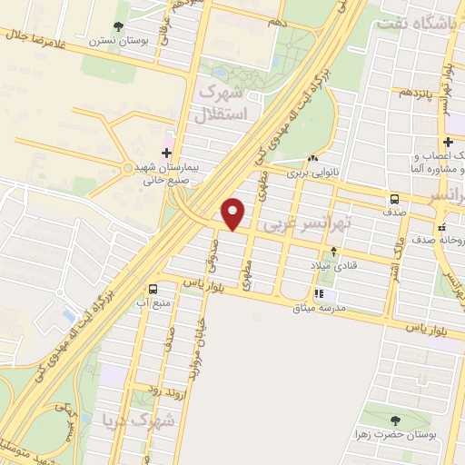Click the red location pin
[x=234, y=213]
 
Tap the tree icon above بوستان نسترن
[x=118, y=27]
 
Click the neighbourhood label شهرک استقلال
[x=220, y=104]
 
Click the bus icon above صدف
[x=394, y=199]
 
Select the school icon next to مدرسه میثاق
[x=319, y=293]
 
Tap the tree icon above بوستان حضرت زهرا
[x=394, y=420]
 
